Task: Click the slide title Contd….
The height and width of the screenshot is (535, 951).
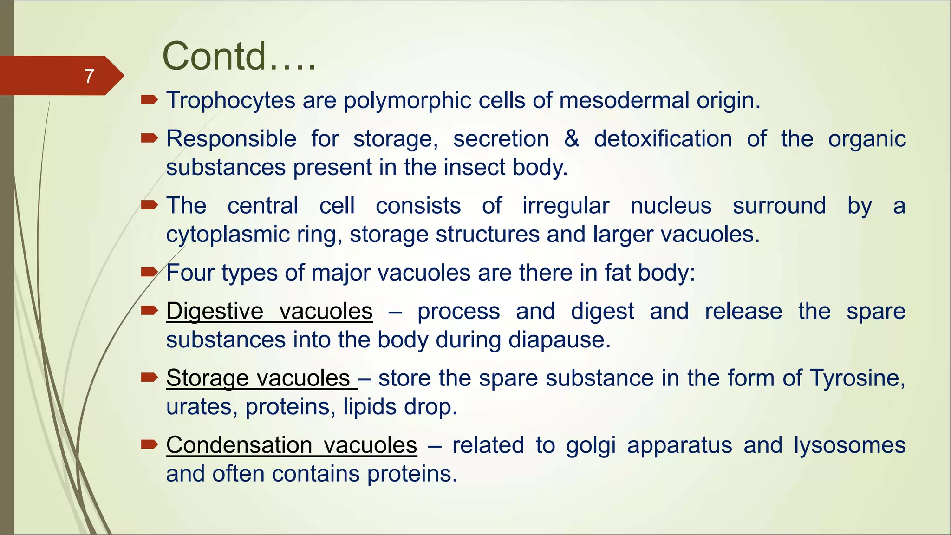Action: point(239,56)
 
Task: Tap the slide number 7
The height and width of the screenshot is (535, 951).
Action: point(90,76)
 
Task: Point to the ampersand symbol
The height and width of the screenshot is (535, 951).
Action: point(572,138)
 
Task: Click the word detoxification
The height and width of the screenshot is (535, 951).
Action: point(663,138)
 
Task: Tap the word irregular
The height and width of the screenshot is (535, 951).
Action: point(566,206)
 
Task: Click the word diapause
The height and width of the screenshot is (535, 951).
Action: point(559,340)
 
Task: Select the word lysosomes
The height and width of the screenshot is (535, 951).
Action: point(849,445)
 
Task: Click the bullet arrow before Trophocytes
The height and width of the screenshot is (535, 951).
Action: point(149,99)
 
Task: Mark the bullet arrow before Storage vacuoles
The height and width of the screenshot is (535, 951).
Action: point(149,377)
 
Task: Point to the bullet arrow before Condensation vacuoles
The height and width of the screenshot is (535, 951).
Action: point(149,444)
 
